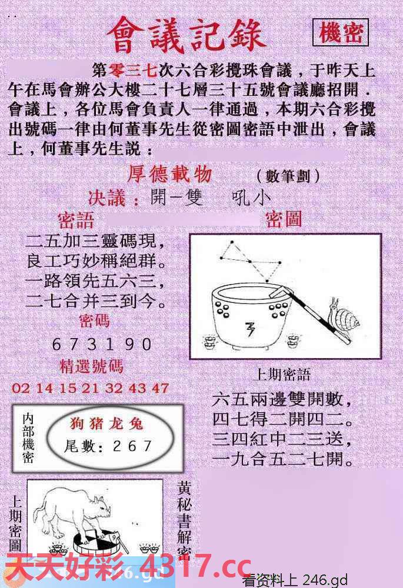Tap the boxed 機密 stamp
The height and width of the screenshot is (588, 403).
tap(341, 33)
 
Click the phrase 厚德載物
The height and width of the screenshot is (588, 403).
tap(170, 174)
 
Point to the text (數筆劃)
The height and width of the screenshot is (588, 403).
tap(288, 176)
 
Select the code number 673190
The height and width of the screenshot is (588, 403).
tap(102, 344)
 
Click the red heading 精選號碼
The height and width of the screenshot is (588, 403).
tap(92, 366)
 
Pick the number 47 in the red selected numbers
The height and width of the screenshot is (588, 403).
tap(160, 388)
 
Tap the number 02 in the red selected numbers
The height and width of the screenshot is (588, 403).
tap(20, 388)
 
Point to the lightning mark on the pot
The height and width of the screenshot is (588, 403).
tap(249, 329)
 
